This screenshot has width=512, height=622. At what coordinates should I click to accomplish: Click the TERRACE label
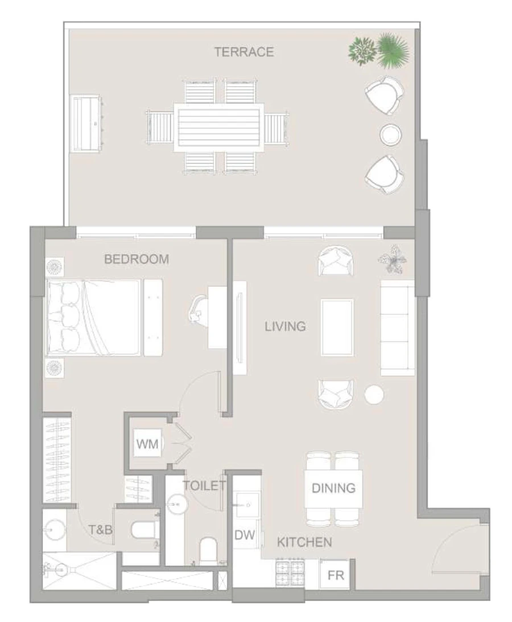[243, 52]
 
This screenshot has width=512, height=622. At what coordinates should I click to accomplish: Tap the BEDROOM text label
[137, 259]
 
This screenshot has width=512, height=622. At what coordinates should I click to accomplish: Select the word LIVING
[285, 326]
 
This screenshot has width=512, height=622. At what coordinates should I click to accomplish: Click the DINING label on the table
[333, 488]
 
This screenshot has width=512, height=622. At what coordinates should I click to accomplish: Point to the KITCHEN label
[304, 542]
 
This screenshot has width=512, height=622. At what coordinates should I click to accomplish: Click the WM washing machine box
[147, 443]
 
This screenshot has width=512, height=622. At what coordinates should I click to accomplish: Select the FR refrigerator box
[336, 575]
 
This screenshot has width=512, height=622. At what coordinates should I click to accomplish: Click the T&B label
[101, 530]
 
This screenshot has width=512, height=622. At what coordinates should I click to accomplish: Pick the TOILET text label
[204, 486]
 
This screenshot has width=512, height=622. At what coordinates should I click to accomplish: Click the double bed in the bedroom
[94, 318]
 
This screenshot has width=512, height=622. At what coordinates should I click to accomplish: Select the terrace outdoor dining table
[219, 126]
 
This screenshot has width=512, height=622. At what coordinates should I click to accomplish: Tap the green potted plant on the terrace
[378, 50]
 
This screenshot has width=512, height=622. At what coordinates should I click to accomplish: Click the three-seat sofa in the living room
[397, 328]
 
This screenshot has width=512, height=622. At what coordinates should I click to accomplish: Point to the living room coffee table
[337, 327]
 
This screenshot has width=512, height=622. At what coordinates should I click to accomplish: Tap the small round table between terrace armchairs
[391, 134]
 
